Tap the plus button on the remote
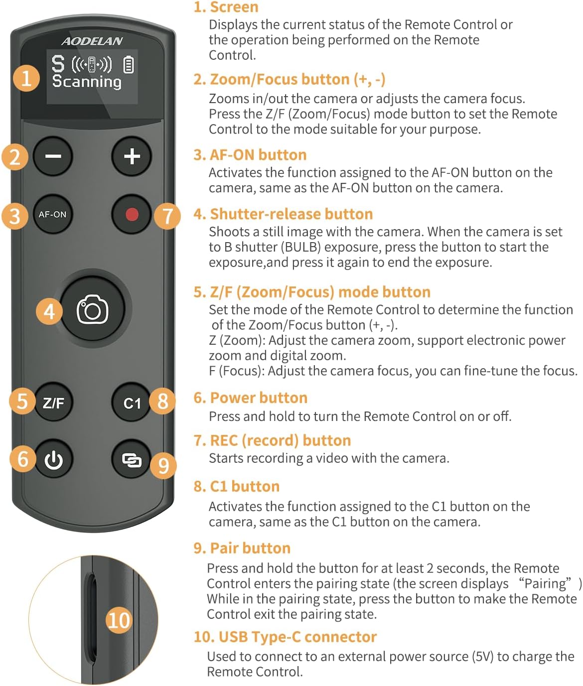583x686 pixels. tap(132, 156)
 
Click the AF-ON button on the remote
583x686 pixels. tap(52, 215)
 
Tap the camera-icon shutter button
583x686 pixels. tap(93, 310)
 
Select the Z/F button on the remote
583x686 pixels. tap(53, 403)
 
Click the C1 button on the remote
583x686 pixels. tap(132, 403)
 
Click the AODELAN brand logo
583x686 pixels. tap(92, 41)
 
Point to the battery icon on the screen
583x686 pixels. tap(129, 65)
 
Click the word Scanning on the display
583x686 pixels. tap(87, 81)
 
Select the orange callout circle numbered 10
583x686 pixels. tap(119, 620)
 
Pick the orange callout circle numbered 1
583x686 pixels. tap(26, 78)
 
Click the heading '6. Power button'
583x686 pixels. tap(250, 398)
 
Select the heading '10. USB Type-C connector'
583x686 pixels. tap(285, 637)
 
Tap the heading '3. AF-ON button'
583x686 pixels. tap(250, 154)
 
